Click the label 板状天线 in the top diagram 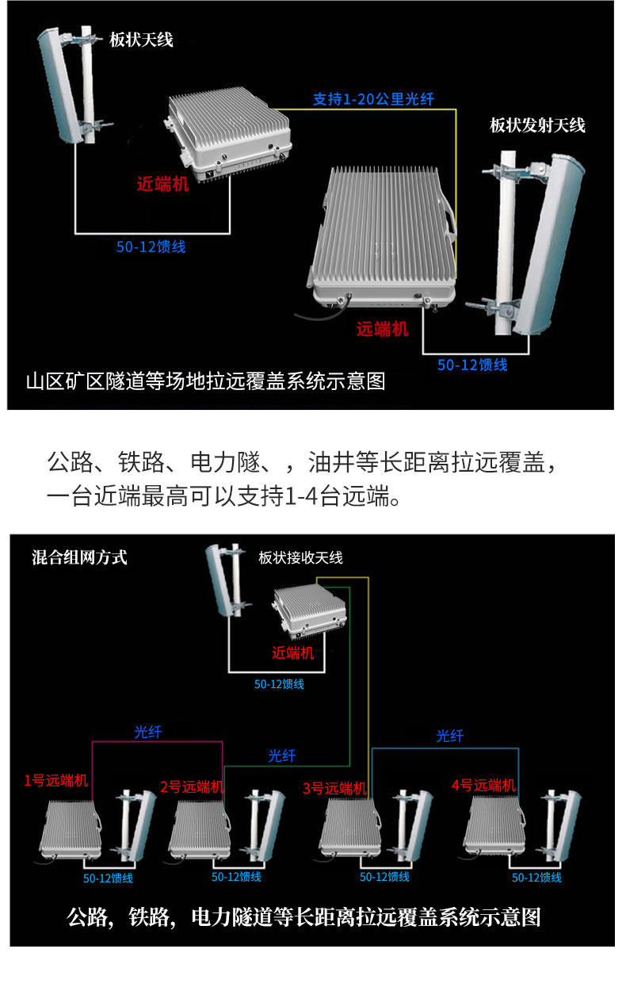tap(141, 40)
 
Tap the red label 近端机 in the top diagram tap(162, 184)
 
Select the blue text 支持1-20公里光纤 tap(373, 99)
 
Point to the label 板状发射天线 tap(537, 125)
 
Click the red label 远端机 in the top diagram tap(383, 329)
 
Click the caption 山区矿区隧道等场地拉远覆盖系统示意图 tap(206, 381)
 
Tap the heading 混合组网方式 tap(79, 557)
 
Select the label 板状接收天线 tap(300, 558)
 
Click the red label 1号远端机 tap(56, 781)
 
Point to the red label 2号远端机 tap(192, 786)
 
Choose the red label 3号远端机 tap(334, 788)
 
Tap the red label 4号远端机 tap(483, 785)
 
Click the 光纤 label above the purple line tap(148, 733)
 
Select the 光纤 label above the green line tap(282, 756)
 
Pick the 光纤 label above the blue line tap(450, 736)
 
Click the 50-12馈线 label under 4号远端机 tap(536, 878)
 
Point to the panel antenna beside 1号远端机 tap(136, 826)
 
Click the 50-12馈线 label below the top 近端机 tap(151, 247)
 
